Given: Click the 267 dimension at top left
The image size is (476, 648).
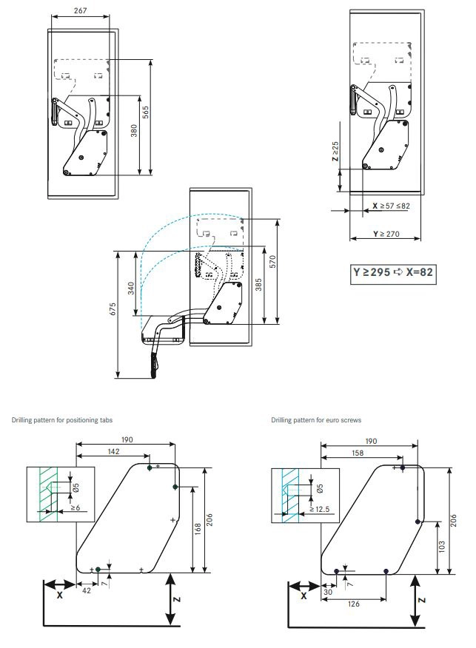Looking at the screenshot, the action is [x=80, y=11].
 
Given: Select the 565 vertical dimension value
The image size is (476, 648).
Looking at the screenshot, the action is [x=146, y=112].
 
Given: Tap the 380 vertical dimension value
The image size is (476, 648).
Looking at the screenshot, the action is [x=134, y=131].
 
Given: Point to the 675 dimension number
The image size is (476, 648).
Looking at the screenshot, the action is [x=113, y=309].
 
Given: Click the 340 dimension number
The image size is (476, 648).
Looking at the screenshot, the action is [x=131, y=288].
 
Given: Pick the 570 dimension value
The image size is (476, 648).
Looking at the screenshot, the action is [x=272, y=262].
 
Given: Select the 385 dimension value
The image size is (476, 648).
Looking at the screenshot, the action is [x=258, y=285].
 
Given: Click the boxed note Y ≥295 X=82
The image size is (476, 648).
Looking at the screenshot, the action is [x=393, y=272].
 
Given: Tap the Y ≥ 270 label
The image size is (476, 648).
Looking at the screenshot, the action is [x=386, y=234].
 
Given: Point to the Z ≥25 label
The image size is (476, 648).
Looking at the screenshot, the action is [x=335, y=151].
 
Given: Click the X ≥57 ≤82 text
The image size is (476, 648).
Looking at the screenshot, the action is [x=391, y=206].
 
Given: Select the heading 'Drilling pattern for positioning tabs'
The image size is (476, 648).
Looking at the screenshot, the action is [x=62, y=420].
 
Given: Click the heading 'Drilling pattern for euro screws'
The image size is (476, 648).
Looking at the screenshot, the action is [x=316, y=420].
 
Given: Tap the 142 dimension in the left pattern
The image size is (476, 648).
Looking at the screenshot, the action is [x=114, y=451].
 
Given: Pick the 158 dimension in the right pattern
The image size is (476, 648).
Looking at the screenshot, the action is [x=358, y=453].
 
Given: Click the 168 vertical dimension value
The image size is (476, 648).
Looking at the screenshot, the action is [x=197, y=530].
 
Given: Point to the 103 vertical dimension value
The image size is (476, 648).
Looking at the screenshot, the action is [x=442, y=547].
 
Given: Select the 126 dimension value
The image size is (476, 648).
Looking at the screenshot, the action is [x=354, y=604].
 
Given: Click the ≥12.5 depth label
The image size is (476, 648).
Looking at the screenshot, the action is [x=319, y=509].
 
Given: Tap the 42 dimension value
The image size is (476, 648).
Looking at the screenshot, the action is [x=86, y=590].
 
